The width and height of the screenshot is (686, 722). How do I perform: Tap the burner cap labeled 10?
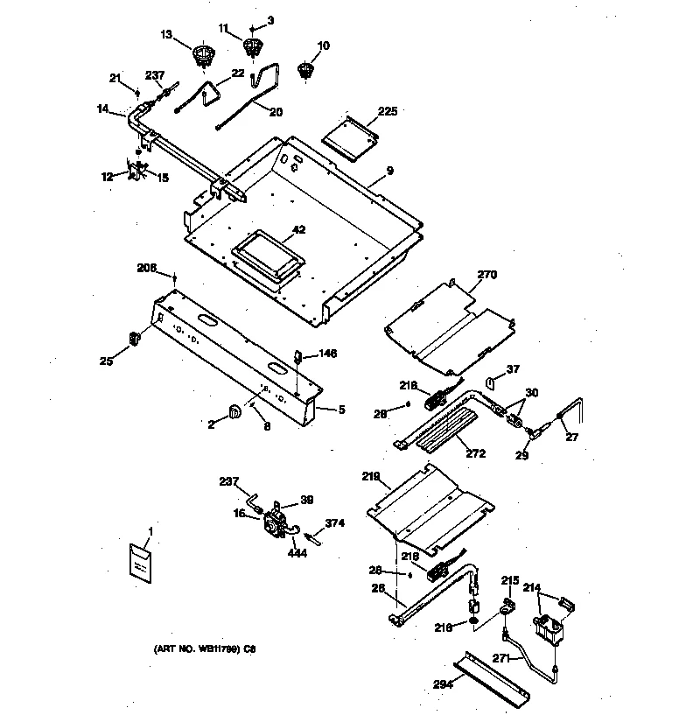[304, 70]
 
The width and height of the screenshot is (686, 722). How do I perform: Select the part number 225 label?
[387, 111]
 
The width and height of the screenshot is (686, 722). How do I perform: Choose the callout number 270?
[487, 274]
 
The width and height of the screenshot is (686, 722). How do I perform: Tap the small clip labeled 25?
[136, 335]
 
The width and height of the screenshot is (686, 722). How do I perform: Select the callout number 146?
[327, 354]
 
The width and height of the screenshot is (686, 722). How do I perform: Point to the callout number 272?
[476, 453]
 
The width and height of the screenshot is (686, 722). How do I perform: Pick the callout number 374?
[335, 522]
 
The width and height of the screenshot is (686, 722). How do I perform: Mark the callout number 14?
[103, 109]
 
